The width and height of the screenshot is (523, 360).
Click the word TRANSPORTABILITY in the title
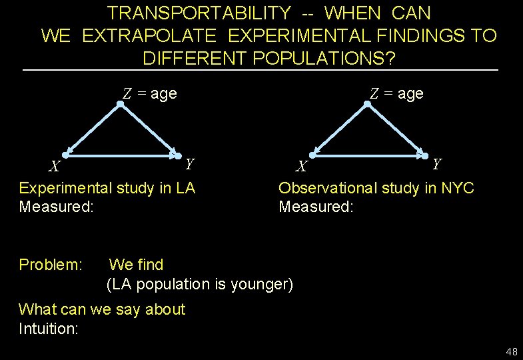(199, 13)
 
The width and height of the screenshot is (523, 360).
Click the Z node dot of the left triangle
(120, 104)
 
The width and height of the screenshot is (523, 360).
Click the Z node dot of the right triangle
(366, 104)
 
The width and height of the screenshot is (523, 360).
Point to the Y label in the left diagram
(190, 163)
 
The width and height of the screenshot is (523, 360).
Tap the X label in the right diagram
(302, 166)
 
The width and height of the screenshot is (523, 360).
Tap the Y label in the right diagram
(436, 163)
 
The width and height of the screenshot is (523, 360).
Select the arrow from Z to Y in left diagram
(148, 129)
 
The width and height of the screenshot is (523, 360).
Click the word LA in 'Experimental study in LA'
(185, 188)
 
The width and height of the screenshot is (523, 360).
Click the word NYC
(458, 188)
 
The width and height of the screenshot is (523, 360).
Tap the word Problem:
(51, 265)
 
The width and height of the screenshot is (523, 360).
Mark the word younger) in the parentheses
(261, 284)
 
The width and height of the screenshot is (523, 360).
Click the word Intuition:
(49, 328)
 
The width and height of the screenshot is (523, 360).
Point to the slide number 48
(511, 351)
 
